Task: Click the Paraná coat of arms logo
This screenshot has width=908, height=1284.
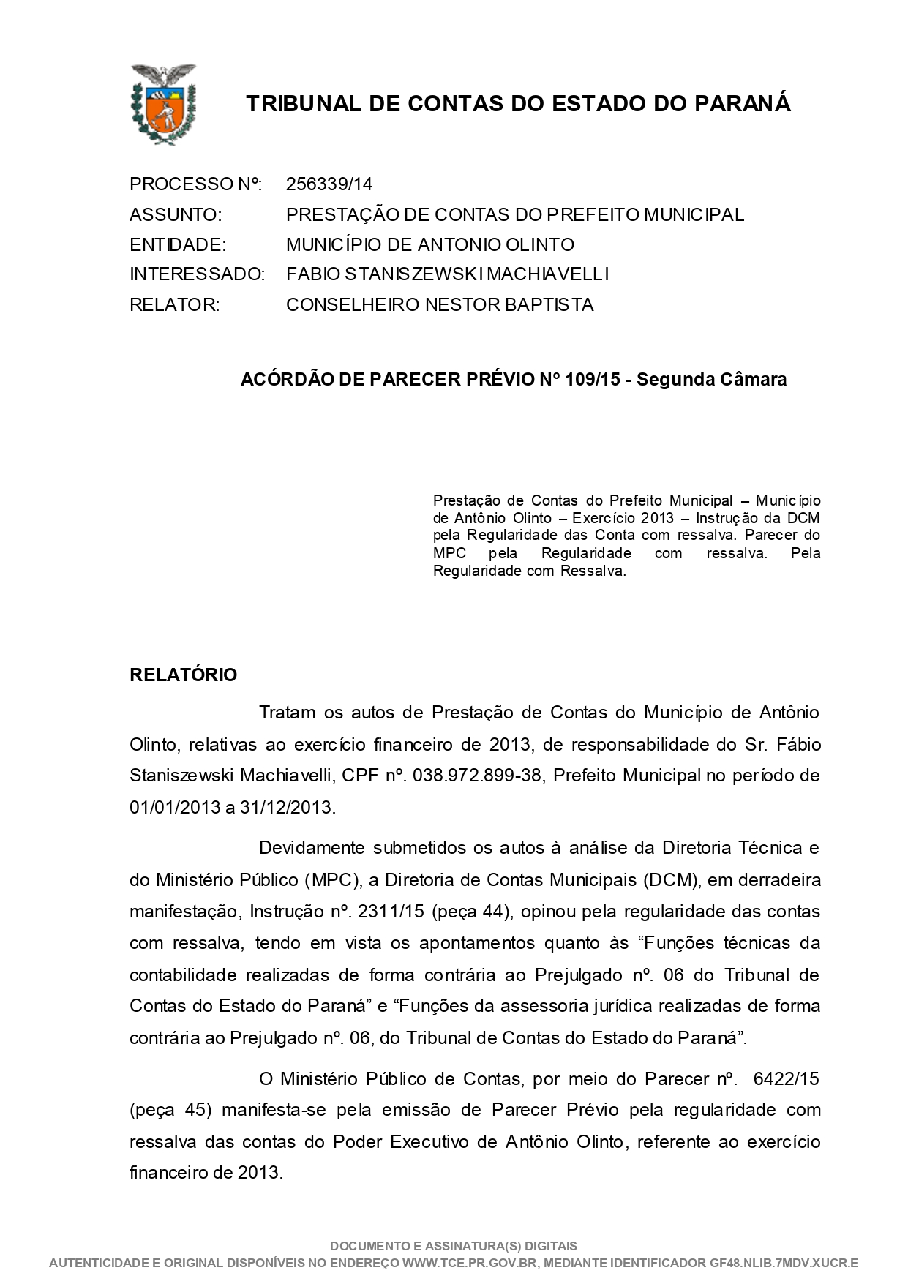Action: (162, 104)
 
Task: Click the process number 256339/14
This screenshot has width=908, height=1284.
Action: (329, 184)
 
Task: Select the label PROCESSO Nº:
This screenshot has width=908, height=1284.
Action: (195, 184)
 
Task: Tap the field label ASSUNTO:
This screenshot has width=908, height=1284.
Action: (176, 215)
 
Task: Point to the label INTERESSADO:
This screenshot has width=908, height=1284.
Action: (197, 274)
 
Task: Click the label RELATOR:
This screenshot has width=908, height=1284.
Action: (174, 305)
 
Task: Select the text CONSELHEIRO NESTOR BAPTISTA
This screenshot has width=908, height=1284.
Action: (440, 305)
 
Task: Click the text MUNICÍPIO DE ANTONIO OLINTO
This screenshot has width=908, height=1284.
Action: (430, 244)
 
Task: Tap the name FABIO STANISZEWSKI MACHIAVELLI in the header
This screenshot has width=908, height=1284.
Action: (447, 274)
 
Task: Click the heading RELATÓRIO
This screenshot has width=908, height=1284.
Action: (184, 675)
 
